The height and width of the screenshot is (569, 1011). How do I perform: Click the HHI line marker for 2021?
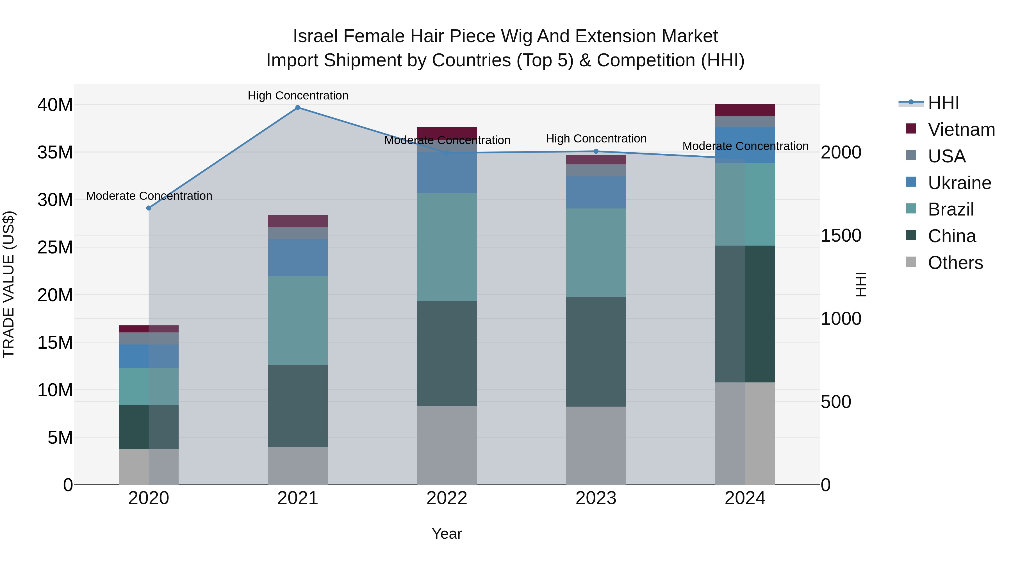click(298, 108)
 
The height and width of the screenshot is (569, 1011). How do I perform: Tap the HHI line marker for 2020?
click(149, 208)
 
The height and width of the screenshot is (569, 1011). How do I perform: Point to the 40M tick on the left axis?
click(55, 105)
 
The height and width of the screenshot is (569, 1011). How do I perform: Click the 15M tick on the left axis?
click(55, 343)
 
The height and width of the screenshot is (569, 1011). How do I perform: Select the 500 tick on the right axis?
click(836, 402)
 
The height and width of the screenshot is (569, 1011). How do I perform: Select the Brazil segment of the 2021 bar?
click(298, 320)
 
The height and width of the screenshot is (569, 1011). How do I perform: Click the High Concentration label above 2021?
click(298, 96)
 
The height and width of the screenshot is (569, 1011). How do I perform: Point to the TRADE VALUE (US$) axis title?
click(9, 284)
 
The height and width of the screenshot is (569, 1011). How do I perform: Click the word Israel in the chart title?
click(315, 36)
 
